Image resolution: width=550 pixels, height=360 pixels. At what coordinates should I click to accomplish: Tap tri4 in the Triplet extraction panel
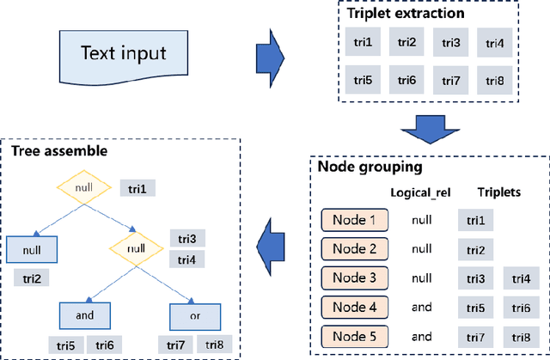[496, 42]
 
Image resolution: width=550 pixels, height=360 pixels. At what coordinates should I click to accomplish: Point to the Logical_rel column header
[420, 193]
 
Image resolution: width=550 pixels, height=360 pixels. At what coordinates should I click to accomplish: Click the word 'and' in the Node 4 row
[420, 308]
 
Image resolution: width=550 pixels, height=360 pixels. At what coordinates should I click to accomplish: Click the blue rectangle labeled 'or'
[194, 314]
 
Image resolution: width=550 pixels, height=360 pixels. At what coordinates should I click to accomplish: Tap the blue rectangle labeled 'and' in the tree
[85, 314]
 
